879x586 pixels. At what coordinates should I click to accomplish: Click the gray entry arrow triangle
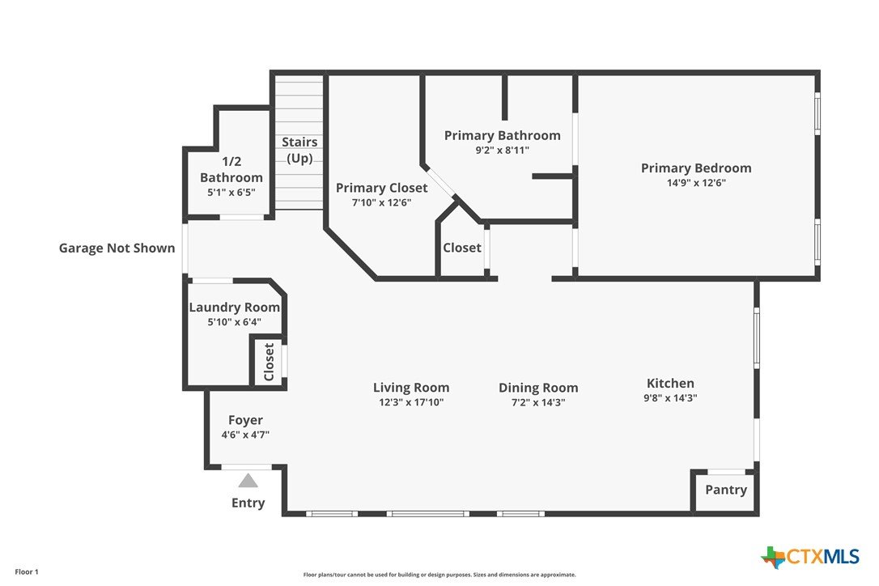248,481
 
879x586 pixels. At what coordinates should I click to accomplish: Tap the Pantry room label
726,490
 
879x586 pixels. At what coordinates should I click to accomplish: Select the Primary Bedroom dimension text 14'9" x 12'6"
696,182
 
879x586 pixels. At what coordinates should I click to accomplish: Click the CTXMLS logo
810,557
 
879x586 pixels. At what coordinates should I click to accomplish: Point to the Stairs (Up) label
299,150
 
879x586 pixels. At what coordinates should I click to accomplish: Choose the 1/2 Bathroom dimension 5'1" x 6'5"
231,192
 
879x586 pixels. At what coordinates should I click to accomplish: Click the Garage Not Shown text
117,248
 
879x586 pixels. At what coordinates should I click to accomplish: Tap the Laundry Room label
235,308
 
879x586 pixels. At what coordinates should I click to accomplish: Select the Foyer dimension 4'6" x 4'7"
245,434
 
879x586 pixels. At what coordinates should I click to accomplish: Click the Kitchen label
670,383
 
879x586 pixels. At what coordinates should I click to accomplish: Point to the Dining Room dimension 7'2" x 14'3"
538,402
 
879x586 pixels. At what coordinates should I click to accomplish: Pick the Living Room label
411,388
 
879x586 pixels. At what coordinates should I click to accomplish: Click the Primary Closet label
382,188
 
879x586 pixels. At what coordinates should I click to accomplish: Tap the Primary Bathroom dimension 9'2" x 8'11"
503,150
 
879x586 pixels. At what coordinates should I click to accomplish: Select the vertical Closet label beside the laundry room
269,362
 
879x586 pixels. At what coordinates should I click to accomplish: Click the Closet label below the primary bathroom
462,248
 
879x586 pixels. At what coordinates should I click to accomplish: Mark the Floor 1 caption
27,572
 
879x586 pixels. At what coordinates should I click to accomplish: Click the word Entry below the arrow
248,503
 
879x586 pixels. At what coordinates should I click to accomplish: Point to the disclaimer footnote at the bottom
439,575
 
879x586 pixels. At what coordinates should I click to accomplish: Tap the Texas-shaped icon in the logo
774,557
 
